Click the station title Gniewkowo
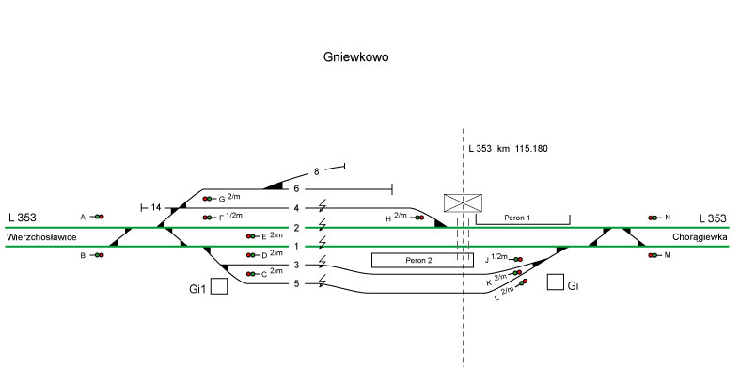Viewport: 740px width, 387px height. tap(355, 56)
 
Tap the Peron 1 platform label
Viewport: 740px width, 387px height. tap(517, 218)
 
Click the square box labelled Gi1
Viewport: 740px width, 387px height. tap(219, 286)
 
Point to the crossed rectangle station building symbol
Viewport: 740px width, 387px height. tap(464, 202)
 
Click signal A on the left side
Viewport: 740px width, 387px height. tap(98, 218)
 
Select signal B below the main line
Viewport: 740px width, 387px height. tap(98, 255)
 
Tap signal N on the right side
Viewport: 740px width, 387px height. tap(652, 218)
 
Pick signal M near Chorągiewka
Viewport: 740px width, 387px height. tap(652, 255)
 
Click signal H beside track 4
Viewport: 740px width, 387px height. tap(417, 218)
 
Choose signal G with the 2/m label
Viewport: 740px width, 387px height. tap(207, 200)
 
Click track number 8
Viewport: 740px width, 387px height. tap(317, 171)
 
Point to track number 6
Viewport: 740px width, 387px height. tap(295, 189)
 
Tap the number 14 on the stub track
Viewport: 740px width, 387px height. tap(156, 207)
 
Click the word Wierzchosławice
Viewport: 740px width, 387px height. tap(43, 237)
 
